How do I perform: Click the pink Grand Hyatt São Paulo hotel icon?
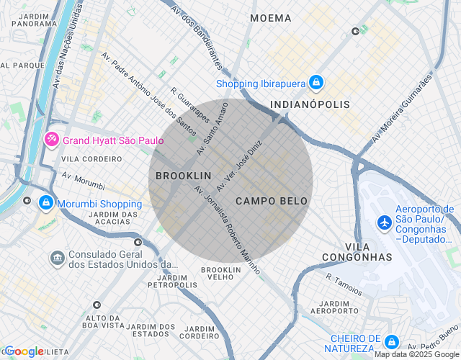point(52,139)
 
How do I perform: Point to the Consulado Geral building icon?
point(57,257)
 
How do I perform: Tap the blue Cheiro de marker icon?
point(391,342)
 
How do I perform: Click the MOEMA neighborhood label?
point(271,18)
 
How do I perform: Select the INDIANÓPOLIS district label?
point(310,104)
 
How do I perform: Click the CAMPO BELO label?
point(272,201)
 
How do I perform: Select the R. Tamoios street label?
point(344,284)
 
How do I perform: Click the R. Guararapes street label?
point(190,105)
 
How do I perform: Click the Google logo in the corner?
point(24,351)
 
